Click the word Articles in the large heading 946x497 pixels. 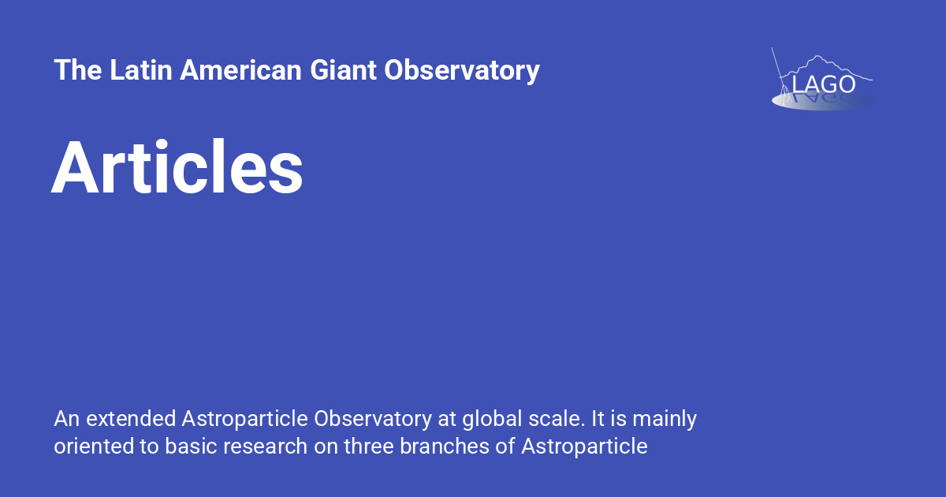177,168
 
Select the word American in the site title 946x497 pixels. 240,70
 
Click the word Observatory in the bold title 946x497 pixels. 462,70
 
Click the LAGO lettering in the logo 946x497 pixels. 823,84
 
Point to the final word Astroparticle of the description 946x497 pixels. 584,447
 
